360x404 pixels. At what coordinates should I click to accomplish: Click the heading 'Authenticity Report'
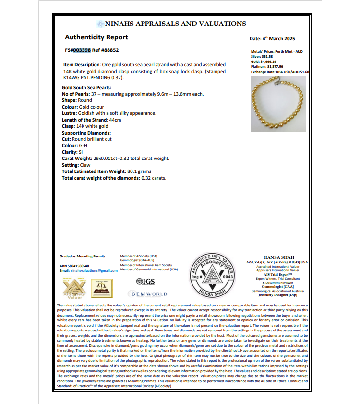click(x=96, y=37)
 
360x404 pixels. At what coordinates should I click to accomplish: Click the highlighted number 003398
click(x=82, y=49)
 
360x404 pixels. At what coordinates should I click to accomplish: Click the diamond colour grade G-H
click(x=84, y=145)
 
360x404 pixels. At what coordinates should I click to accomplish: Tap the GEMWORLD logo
click(x=148, y=294)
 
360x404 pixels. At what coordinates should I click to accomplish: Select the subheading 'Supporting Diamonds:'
click(x=86, y=133)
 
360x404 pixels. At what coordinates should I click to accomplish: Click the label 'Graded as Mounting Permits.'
click(x=83, y=257)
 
